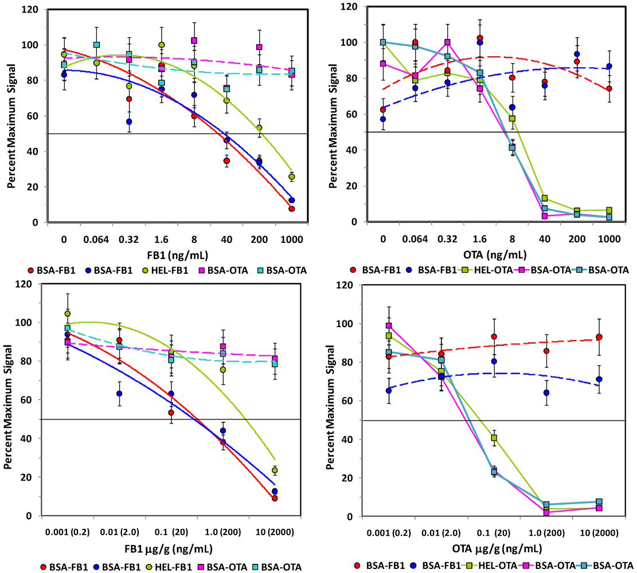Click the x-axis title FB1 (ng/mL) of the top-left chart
click(x=178, y=256)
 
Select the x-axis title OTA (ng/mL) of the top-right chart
click(x=495, y=255)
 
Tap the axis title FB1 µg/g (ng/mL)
click(x=168, y=550)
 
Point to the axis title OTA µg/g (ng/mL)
click(x=497, y=549)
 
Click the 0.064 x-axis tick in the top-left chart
click(x=96, y=240)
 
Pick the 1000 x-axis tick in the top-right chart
click(x=609, y=239)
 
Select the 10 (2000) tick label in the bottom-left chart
click(x=275, y=532)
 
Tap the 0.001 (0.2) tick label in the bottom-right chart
click(x=389, y=533)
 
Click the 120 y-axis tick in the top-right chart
click(x=349, y=6)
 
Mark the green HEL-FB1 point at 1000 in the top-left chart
click(x=292, y=176)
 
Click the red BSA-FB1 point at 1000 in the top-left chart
click(x=292, y=209)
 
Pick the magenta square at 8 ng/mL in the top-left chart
click(x=194, y=41)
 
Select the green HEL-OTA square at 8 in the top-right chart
click(x=512, y=119)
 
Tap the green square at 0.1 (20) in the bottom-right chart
click(x=494, y=438)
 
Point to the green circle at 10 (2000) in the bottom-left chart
click(x=275, y=470)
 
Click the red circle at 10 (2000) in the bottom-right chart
click(x=599, y=337)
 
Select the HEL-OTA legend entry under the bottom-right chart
click(x=491, y=566)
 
